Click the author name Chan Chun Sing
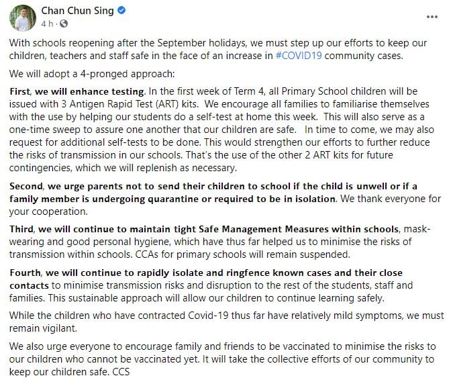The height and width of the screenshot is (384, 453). point(79,10)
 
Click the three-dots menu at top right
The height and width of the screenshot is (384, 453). point(434,15)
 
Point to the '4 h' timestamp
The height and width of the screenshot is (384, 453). point(47,23)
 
